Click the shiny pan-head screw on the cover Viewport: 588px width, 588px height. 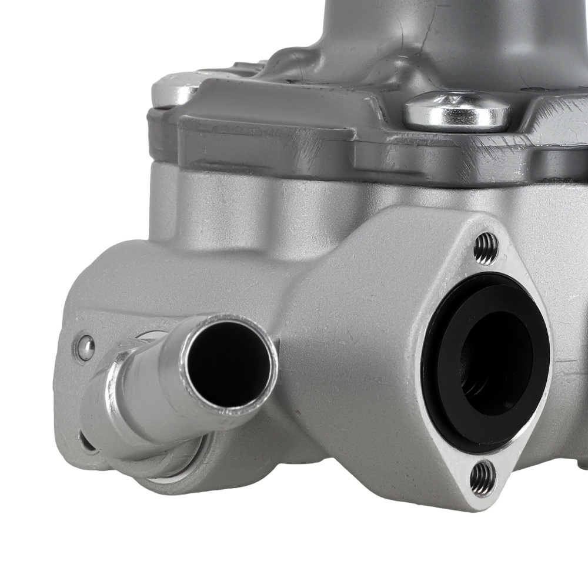point(458,112)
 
